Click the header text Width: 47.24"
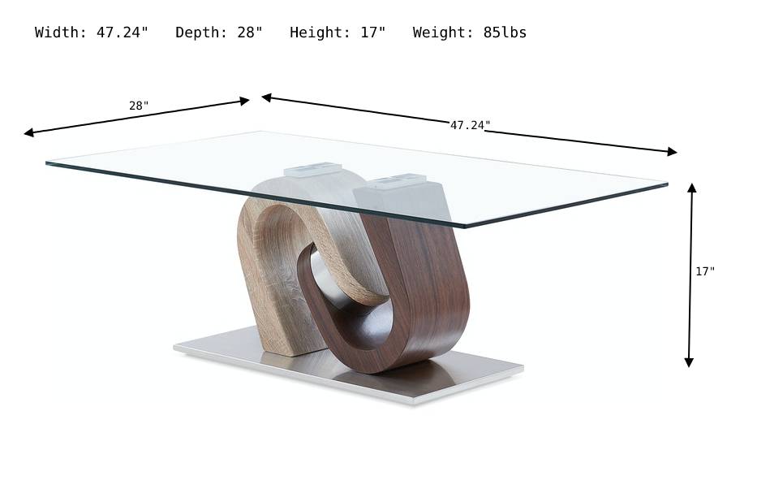click(92, 32)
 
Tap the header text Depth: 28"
click(219, 32)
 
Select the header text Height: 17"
click(338, 32)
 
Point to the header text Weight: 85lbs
click(469, 32)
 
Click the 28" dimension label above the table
click(139, 106)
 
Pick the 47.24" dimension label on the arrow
click(471, 125)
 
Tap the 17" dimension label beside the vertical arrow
click(705, 271)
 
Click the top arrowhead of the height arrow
click(692, 188)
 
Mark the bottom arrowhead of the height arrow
click(689, 362)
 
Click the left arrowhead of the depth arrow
click(28, 132)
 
